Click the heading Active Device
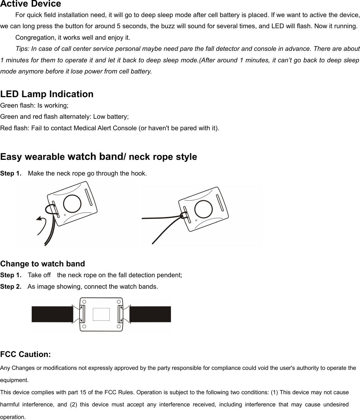pyautogui.click(x=31, y=4)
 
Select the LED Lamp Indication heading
pyautogui.click(x=47, y=94)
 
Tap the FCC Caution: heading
pyautogui.click(x=26, y=355)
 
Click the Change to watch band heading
pyautogui.click(x=42, y=264)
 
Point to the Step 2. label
pyautogui.click(x=11, y=287)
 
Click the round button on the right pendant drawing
pyautogui.click(x=203, y=209)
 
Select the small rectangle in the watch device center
pyautogui.click(x=101, y=314)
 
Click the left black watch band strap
pyautogui.click(x=52, y=314)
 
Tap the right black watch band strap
pyautogui.click(x=150, y=314)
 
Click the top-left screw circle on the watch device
pyautogui.click(x=84, y=302)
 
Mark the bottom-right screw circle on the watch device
pyautogui.click(x=119, y=327)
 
